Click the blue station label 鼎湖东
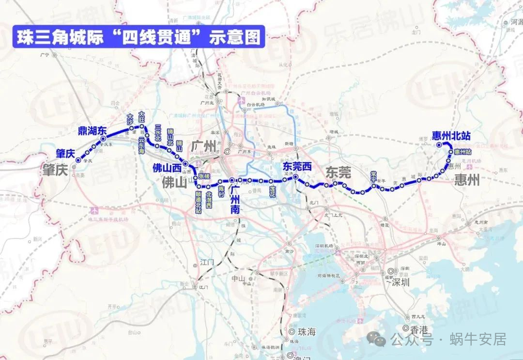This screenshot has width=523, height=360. coord(92,130)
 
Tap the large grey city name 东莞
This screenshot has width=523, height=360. coord(338,172)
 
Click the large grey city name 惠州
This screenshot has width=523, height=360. coord(467,181)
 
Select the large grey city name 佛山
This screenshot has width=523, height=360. coord(174,182)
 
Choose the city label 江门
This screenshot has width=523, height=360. coord(207,263)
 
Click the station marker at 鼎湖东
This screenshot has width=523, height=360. coord(103,139)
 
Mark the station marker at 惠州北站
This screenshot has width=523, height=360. coord(439,144)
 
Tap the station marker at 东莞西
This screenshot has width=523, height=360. coord(295,177)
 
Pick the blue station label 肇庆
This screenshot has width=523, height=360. coord(65,154)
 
